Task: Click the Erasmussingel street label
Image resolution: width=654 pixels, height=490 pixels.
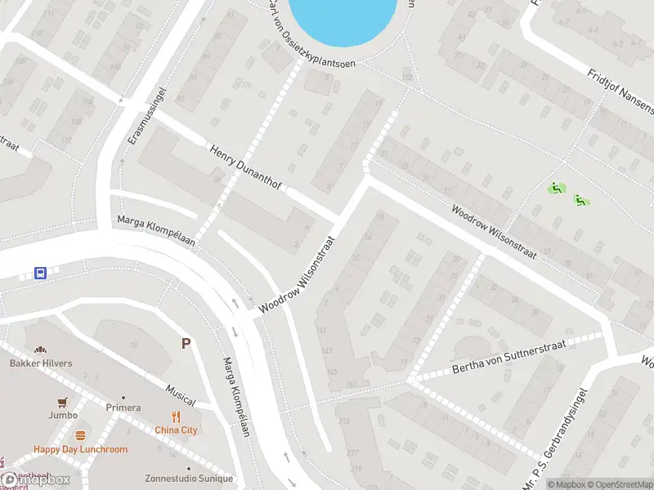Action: (x=137, y=117)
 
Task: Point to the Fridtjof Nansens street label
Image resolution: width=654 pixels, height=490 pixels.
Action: (x=620, y=90)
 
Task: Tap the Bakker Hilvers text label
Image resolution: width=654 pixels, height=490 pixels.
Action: (x=41, y=363)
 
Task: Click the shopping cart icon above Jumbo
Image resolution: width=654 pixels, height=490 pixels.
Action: (x=62, y=402)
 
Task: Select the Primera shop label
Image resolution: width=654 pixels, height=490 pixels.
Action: (x=123, y=408)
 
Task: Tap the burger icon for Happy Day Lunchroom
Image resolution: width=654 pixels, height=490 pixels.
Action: (x=80, y=435)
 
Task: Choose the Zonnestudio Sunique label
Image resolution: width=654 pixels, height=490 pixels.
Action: (x=188, y=479)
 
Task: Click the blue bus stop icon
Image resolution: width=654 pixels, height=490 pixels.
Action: (x=40, y=273)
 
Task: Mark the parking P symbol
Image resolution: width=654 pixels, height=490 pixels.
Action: (x=187, y=344)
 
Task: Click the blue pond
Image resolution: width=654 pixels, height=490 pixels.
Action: (x=343, y=18)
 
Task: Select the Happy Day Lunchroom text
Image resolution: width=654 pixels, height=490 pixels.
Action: (x=80, y=449)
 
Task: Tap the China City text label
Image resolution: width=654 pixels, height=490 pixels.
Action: (x=176, y=430)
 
